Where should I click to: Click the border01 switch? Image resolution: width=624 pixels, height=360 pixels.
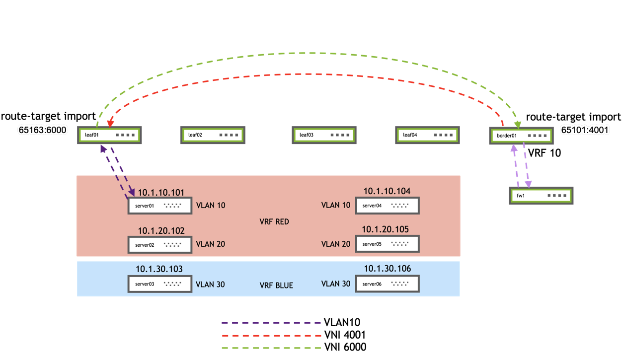(521, 136)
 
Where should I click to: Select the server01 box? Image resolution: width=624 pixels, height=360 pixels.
(160, 206)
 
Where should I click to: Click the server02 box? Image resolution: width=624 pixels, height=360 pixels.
(160, 245)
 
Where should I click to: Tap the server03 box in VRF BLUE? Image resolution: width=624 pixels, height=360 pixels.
(160, 285)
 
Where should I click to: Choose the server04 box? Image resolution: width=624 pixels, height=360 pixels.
(387, 206)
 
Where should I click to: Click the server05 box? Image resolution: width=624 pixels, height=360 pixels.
(387, 244)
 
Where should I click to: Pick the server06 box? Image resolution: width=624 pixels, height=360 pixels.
(387, 284)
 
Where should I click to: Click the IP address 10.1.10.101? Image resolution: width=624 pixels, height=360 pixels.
(161, 192)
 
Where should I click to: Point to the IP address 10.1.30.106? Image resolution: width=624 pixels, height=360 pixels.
(388, 269)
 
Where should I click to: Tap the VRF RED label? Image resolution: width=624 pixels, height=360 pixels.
(274, 221)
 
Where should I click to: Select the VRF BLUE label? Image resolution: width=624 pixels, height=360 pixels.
(276, 286)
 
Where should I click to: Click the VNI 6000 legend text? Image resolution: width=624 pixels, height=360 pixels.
(345, 347)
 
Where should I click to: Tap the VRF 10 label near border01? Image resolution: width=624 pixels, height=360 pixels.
(545, 153)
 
